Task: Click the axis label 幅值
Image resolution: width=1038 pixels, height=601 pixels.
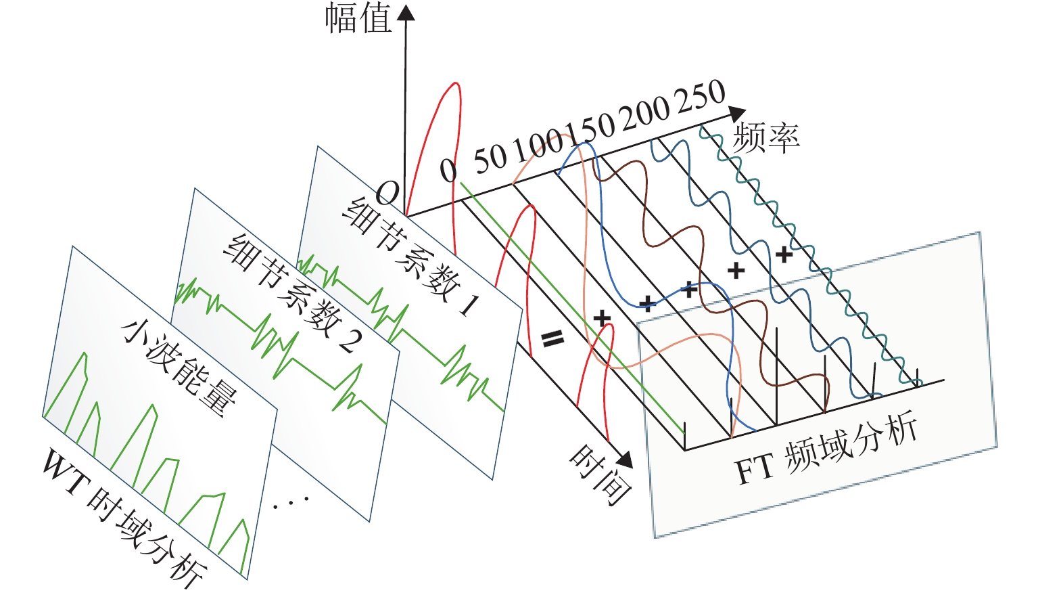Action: [358, 19]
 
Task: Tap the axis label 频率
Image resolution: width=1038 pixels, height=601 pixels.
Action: [766, 137]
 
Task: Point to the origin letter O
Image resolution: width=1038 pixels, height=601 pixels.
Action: [387, 194]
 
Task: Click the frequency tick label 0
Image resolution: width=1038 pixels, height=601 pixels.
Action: [448, 170]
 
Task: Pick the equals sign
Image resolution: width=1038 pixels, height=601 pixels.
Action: [552, 338]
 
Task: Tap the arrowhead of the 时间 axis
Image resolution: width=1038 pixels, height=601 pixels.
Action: [626, 460]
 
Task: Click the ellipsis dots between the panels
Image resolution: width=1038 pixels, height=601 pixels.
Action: [291, 502]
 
